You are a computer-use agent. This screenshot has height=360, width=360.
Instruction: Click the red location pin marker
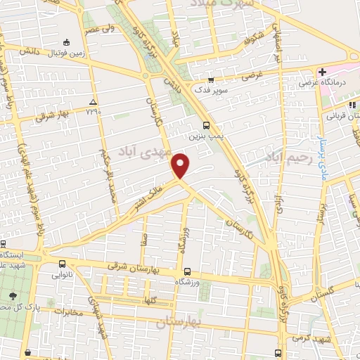pyautogui.click(x=181, y=165)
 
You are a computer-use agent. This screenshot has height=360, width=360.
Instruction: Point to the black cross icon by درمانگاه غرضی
pyautogui.click(x=322, y=72)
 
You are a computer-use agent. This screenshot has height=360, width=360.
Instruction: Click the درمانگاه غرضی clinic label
pyautogui.click(x=320, y=83)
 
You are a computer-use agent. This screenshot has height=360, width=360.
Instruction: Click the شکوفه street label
pyautogui.click(x=256, y=35)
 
